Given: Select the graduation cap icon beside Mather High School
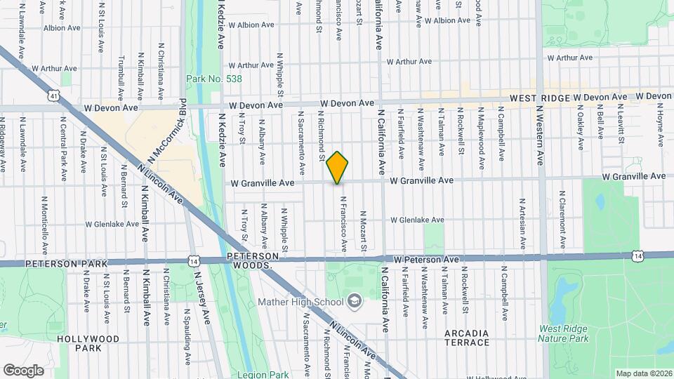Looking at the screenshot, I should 354,302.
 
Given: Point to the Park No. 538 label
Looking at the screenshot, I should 214,79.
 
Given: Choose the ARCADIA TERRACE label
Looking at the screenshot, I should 467,338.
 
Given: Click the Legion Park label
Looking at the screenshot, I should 263,374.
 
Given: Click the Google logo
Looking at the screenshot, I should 22,370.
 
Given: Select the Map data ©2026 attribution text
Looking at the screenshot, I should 643,373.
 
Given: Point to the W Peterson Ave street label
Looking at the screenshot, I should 426,260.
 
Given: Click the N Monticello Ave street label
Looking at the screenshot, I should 44,224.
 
